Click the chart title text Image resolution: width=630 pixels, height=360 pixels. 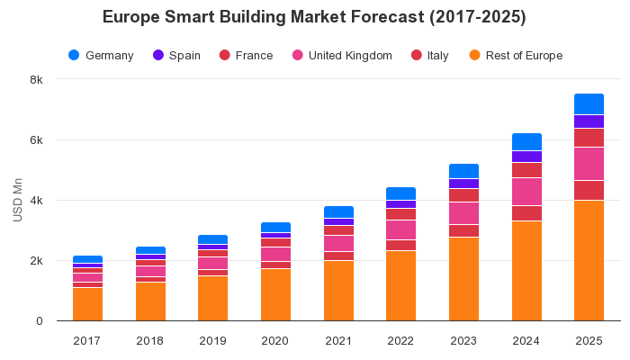click(x=314, y=17)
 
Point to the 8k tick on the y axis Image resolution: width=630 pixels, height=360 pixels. click(x=36, y=79)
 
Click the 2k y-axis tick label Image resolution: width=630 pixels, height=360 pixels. click(x=36, y=261)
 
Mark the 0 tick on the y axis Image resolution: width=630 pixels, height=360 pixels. click(x=39, y=321)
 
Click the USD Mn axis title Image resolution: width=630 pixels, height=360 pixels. click(x=17, y=200)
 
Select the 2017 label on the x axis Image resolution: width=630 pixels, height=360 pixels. click(x=87, y=339)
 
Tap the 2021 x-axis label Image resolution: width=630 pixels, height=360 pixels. click(x=338, y=339)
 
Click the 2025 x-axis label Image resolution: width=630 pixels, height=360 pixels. click(x=589, y=339)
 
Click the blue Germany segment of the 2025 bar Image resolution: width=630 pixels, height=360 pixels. click(x=589, y=103)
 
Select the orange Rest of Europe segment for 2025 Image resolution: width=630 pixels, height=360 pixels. click(x=589, y=260)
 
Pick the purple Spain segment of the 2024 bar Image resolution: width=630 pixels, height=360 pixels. click(x=526, y=157)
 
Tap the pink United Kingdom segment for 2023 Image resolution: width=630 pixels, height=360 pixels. click(x=463, y=213)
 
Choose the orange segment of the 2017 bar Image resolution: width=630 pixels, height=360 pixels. click(x=87, y=304)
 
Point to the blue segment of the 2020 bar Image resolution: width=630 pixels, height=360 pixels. click(x=275, y=227)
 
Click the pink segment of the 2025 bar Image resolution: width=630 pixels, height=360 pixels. click(x=589, y=164)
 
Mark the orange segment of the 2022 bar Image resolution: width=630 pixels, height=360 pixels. click(x=400, y=285)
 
